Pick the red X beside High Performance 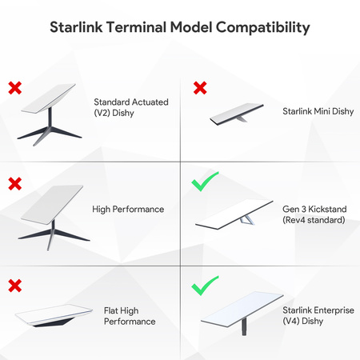click(14, 184)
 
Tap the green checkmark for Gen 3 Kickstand click(205, 184)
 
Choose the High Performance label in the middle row click(128, 209)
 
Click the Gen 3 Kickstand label click(313, 214)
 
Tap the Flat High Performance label click(130, 315)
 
